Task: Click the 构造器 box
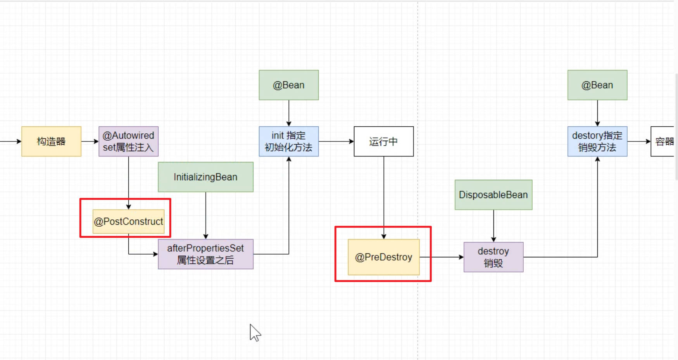coord(51,141)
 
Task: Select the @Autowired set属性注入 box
coord(128,141)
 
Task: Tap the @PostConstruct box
coord(128,221)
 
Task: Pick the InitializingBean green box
coord(205,177)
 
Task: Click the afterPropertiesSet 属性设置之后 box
coord(205,254)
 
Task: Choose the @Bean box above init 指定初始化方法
coord(289,85)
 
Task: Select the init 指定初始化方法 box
coord(289,141)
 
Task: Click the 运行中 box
coord(383,141)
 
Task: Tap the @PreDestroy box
coord(383,257)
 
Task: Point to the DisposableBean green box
coord(493,195)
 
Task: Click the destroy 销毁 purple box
coord(493,257)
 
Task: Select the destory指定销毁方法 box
coord(597,141)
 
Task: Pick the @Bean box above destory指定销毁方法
coord(597,85)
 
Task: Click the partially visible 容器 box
coord(663,141)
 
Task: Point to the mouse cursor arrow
coord(254,332)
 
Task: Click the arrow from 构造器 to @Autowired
coord(90,141)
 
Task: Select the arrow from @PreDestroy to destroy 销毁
coord(442,257)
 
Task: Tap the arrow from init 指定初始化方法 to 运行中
coord(336,141)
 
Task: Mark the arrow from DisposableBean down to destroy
coord(493,226)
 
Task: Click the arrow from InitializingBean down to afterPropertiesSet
coord(206,215)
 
